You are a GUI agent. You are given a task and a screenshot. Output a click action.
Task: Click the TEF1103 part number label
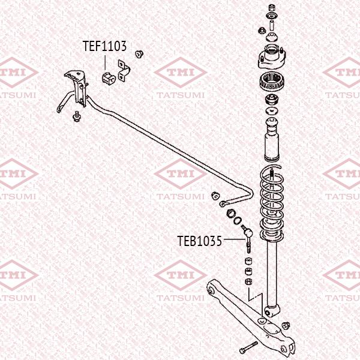tap(104, 45)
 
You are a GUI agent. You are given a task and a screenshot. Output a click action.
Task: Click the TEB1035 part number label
tap(200, 241)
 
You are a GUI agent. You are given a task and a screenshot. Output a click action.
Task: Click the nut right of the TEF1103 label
tap(140, 54)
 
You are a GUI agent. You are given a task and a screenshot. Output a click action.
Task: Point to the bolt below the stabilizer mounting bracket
tap(76, 116)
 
